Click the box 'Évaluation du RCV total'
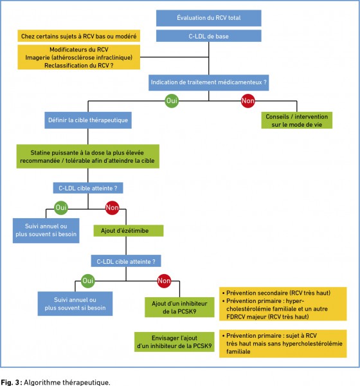pyautogui.click(x=209, y=18)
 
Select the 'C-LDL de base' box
pyautogui.click(x=209, y=36)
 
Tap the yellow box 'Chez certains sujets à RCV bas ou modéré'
pyautogui.click(x=78, y=36)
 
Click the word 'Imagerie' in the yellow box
pyautogui.click(x=36, y=57)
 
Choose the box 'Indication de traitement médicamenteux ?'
pyautogui.click(x=209, y=82)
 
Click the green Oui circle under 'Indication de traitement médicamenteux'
pyautogui.click(x=172, y=101)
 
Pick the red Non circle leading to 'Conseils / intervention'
pyautogui.click(x=248, y=101)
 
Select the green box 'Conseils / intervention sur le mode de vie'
pyautogui.click(x=297, y=120)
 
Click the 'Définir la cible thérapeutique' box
pyautogui.click(x=88, y=120)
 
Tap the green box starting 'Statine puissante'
pyautogui.click(x=88, y=156)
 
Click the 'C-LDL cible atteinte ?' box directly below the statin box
pyautogui.click(x=88, y=188)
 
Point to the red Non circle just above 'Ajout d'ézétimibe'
pyautogui.click(x=113, y=208)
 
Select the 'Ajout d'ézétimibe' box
pyautogui.click(x=129, y=231)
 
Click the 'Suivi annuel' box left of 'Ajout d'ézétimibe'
pyautogui.click(x=46, y=230)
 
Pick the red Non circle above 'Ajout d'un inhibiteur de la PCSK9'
pyautogui.click(x=164, y=281)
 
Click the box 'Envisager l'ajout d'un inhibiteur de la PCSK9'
pyautogui.click(x=174, y=342)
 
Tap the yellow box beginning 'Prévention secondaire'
pyautogui.click(x=283, y=304)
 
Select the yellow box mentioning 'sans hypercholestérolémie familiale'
pyautogui.click(x=283, y=344)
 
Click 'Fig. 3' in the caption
pyautogui.click(x=10, y=382)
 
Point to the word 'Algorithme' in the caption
pyautogui.click(x=42, y=382)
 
